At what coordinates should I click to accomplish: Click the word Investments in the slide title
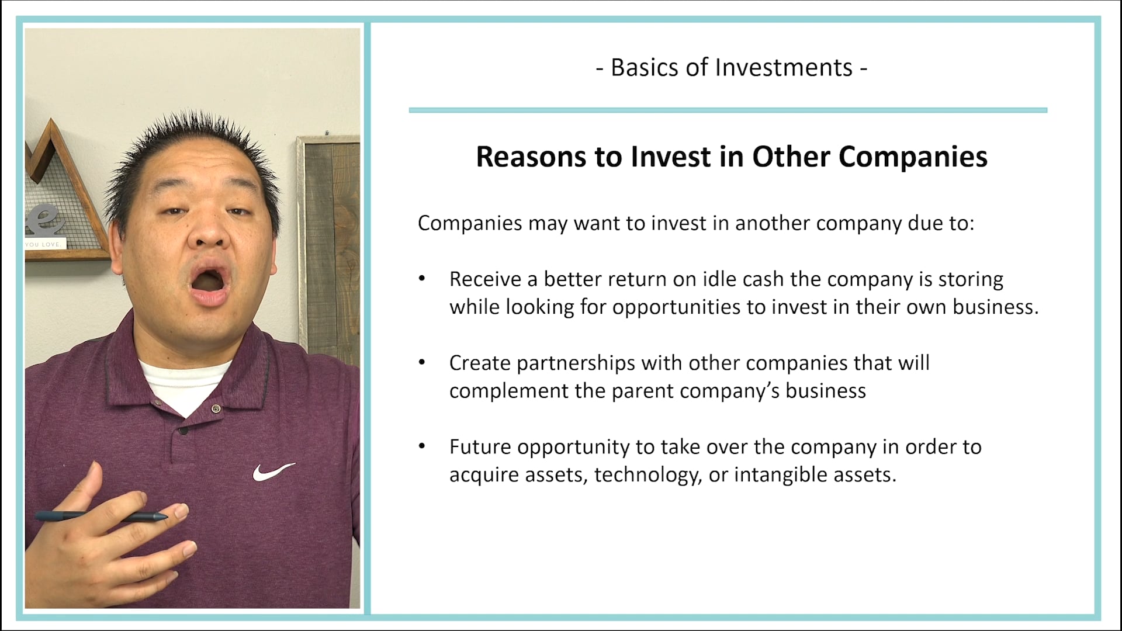[784, 68]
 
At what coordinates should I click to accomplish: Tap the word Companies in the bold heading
[913, 157]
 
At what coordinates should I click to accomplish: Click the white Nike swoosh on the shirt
[273, 471]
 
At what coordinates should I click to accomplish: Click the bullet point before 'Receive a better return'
[422, 279]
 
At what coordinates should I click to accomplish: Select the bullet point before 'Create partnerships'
[422, 363]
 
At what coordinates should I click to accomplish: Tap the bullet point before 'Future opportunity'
[422, 446]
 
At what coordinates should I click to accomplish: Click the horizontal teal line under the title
[728, 110]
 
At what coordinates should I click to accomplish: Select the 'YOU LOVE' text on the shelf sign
[44, 244]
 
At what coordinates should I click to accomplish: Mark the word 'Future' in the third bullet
[480, 447]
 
